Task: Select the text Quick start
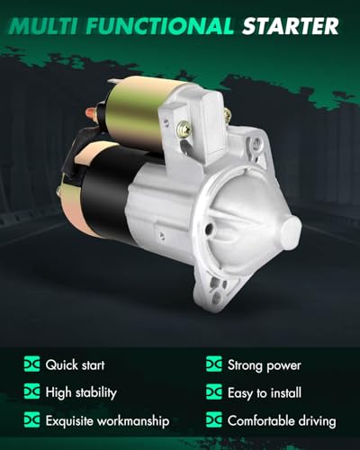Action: (75, 365)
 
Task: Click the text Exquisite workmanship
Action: (106, 420)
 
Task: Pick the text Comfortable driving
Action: (283, 420)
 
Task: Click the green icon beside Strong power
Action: (214, 365)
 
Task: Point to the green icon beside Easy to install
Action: (214, 392)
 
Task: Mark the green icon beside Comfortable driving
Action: (214, 420)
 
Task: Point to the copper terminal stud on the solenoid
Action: (91, 114)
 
